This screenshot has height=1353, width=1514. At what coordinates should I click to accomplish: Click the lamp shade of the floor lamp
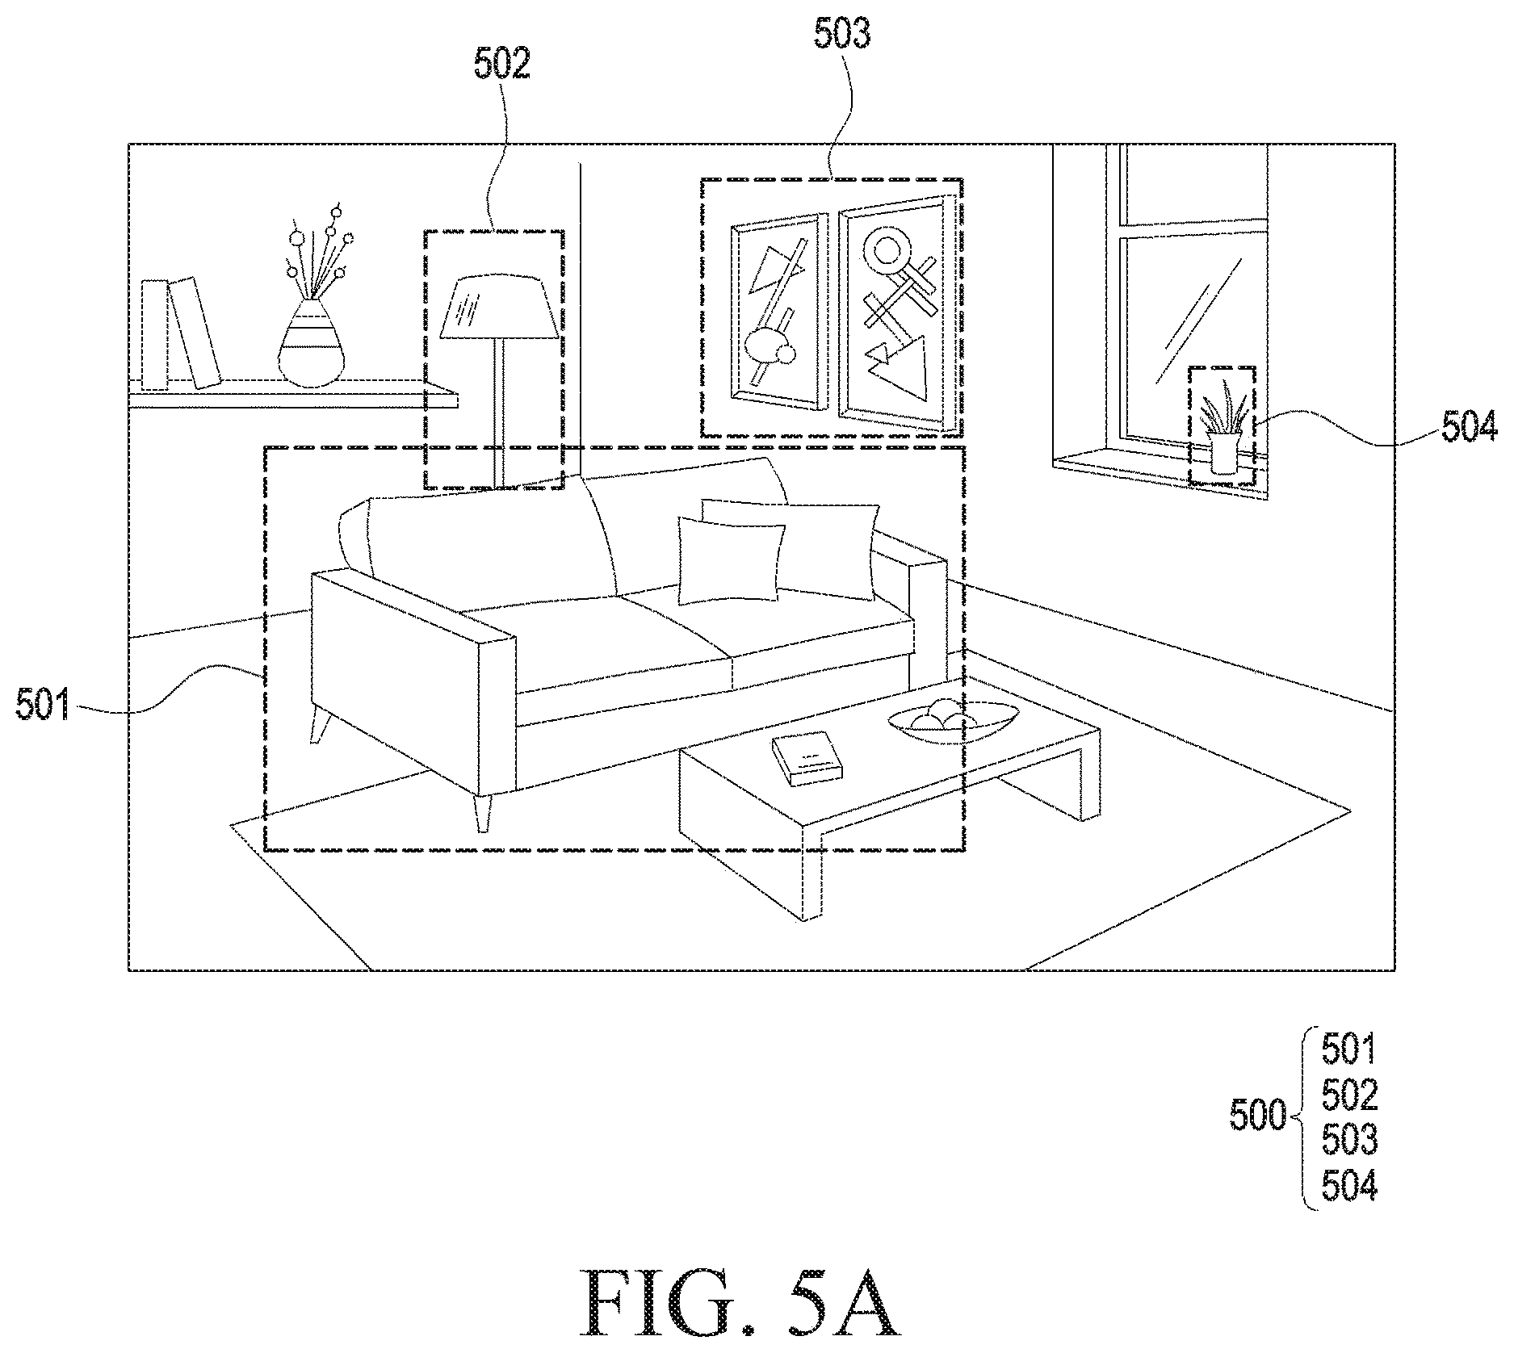point(498,307)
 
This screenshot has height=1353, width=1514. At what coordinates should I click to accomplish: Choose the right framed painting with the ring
point(892,312)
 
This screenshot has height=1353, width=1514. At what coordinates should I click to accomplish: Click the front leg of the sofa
point(482,813)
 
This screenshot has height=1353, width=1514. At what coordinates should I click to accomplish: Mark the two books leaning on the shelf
point(181,333)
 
